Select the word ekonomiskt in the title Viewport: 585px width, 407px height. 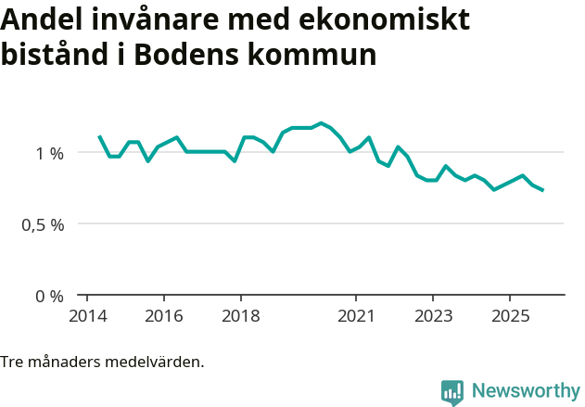pyautogui.click(x=389, y=19)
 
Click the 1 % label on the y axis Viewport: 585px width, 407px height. pyautogui.click(x=50, y=152)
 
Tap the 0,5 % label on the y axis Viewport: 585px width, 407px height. pyautogui.click(x=43, y=224)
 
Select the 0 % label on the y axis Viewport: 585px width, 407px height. pyautogui.click(x=50, y=296)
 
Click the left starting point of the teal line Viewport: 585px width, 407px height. pyautogui.click(x=99, y=136)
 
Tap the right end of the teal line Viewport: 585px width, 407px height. pyautogui.click(x=542, y=190)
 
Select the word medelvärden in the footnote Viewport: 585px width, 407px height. pyautogui.click(x=156, y=362)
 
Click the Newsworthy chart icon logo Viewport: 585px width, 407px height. pyautogui.click(x=452, y=392)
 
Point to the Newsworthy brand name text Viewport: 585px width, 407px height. pyautogui.click(x=525, y=391)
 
